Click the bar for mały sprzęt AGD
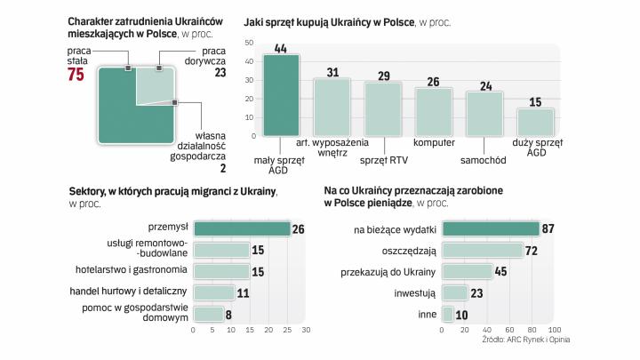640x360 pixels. (281, 96)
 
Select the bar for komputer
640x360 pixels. (434, 112)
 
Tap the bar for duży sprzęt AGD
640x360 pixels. (535, 123)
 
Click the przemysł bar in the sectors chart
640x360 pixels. (242, 229)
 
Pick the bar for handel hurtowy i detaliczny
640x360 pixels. (213, 292)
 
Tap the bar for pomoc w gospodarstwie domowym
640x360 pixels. (208, 313)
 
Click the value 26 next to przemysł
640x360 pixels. (299, 229)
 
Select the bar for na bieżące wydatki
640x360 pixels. (491, 229)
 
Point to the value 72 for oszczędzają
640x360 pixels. (532, 251)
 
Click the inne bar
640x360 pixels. (448, 313)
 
